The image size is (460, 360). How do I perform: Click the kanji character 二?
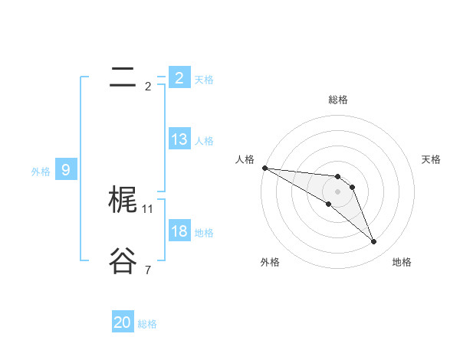[x=123, y=77]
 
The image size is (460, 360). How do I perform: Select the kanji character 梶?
[x=123, y=200]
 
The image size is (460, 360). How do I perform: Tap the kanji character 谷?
[x=123, y=261]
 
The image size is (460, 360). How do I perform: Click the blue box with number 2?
[x=179, y=77]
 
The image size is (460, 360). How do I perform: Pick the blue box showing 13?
[x=179, y=139]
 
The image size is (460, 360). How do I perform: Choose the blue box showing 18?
[x=179, y=231]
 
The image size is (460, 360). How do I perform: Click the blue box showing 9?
[x=66, y=170]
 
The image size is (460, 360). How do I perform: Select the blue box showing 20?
[x=123, y=322]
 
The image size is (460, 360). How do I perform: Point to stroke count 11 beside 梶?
[x=148, y=208]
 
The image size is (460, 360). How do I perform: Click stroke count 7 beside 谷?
[x=148, y=270]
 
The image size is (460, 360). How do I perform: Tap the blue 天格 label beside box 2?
[x=204, y=79]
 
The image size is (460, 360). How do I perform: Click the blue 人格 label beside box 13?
[x=204, y=141]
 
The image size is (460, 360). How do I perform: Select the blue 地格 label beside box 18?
[x=204, y=233]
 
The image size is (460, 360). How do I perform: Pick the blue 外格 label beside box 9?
[x=41, y=172]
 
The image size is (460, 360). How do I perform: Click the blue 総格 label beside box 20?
[x=147, y=324]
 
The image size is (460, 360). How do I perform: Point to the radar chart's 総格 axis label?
[x=338, y=100]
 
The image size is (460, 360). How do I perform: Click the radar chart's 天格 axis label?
[x=432, y=159]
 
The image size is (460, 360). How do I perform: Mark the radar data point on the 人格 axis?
[x=264, y=168]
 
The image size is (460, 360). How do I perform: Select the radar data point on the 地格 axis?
[x=374, y=242]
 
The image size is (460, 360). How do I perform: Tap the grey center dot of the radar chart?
[x=338, y=191]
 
